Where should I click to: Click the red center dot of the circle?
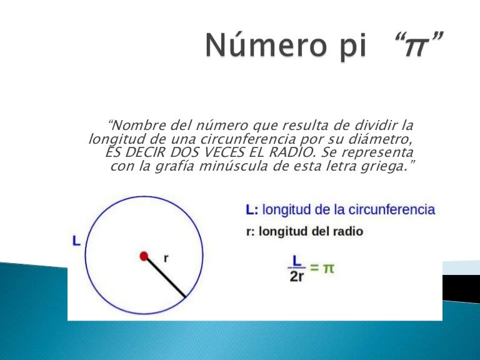(x=144, y=255)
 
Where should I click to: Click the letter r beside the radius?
(x=166, y=257)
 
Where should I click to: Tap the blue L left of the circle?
(x=76, y=240)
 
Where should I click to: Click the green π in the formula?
(x=329, y=268)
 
